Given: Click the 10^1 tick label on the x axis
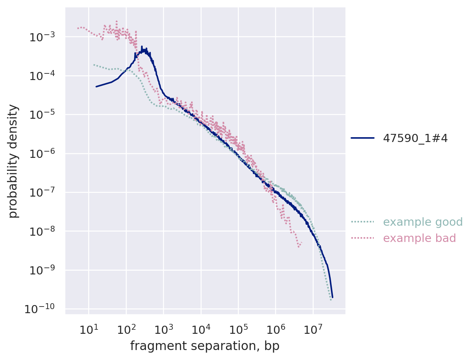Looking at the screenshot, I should click(88, 329).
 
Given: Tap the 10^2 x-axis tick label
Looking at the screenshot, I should click(126, 329).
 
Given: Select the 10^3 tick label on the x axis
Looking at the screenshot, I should click(163, 329).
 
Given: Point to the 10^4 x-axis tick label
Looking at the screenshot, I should click(201, 329).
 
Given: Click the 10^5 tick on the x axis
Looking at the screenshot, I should click(238, 329).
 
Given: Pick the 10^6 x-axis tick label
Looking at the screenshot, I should click(275, 329).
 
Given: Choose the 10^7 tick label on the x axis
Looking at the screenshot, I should click(313, 329).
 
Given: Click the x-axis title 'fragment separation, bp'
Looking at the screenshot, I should click(205, 346).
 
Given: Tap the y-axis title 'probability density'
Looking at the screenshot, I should click(13, 161).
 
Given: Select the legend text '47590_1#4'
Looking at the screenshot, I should click(415, 138).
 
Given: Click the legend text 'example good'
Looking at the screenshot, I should click(423, 222).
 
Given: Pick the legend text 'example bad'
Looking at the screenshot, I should click(420, 238).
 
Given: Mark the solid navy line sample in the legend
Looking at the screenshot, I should click(362, 138).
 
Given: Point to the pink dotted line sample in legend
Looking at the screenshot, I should click(362, 238).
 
